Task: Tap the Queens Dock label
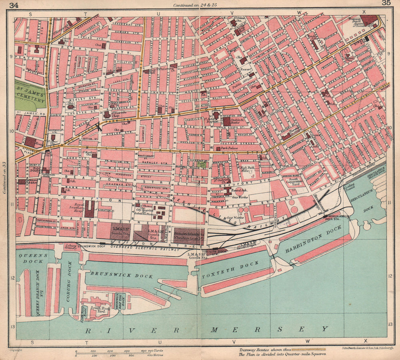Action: [34, 258]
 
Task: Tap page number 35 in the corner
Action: [386, 4]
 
